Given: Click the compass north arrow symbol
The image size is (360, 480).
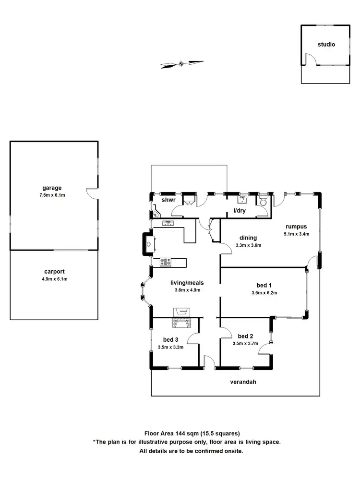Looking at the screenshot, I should click(x=181, y=63).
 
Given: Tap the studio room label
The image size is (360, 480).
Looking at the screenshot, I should click(x=326, y=45).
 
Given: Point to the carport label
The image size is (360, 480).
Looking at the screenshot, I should click(x=53, y=272).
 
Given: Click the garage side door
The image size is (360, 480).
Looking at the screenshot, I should click(x=92, y=193).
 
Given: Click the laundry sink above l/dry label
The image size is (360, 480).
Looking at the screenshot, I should click(x=242, y=200).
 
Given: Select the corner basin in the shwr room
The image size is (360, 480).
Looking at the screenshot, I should click(x=156, y=215).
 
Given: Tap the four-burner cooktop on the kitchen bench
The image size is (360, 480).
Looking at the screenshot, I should click(x=166, y=262).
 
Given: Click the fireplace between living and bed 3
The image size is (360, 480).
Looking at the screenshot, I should click(x=182, y=317).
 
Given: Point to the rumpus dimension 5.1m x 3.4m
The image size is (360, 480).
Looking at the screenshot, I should click(x=296, y=234).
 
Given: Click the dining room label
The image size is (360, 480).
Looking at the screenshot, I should click(x=247, y=238).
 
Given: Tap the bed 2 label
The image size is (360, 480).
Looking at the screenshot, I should click(x=245, y=336).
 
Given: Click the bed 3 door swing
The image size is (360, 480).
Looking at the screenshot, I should click(x=194, y=338).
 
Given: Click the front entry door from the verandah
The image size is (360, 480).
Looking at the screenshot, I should click(x=209, y=363).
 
